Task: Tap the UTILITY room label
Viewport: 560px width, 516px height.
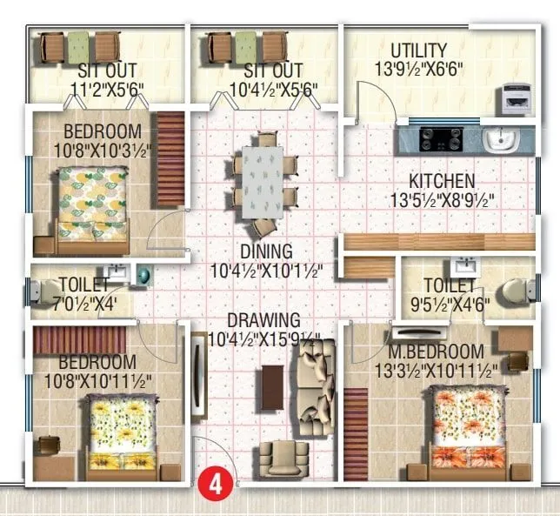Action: tap(418, 50)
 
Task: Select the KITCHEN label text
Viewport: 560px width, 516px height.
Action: tap(443, 182)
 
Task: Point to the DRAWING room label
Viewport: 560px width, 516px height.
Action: tap(264, 320)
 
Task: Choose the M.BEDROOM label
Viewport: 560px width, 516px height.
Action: tap(436, 352)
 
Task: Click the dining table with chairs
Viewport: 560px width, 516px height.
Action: tap(264, 183)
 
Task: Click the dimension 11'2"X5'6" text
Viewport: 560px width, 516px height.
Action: tap(107, 89)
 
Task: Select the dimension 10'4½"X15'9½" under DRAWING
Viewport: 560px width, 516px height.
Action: tap(266, 338)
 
